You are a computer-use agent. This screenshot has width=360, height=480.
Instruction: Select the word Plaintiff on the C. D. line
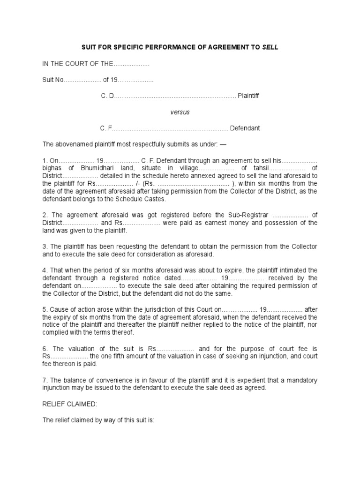click(248, 96)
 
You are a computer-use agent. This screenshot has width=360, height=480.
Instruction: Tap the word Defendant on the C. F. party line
click(245, 128)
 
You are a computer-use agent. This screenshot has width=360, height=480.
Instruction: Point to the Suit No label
click(52, 80)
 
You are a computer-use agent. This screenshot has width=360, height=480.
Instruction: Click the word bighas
click(52, 168)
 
